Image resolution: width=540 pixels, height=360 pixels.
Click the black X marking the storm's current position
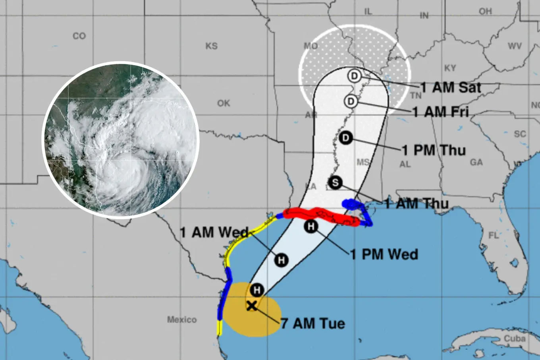(251, 306)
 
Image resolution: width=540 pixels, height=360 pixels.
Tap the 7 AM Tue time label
(313, 323)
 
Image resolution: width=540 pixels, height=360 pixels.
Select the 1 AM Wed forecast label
(214, 232)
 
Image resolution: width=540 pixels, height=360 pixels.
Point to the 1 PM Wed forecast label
(384, 254)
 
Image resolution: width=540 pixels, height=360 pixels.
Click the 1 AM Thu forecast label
(417, 203)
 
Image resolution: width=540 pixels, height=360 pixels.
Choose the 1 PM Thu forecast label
(434, 150)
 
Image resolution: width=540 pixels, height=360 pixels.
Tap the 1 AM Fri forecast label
(441, 112)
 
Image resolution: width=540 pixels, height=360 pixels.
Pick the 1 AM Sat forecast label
(451, 87)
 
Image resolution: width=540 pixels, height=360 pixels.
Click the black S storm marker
(336, 182)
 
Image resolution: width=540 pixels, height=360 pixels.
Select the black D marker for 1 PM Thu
(346, 138)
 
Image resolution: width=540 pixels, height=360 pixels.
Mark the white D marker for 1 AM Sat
(354, 76)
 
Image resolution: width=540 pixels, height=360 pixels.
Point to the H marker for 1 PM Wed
(311, 226)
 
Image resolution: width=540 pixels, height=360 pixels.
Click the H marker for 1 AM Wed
(281, 260)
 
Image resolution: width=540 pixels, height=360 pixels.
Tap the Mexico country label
(182, 319)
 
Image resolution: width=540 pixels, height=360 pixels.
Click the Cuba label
(515, 339)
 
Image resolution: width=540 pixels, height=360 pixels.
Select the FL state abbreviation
(494, 236)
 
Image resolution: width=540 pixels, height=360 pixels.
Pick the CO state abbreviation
(79, 36)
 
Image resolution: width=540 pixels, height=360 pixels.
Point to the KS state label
(211, 46)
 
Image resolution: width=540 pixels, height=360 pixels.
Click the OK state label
(224, 103)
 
